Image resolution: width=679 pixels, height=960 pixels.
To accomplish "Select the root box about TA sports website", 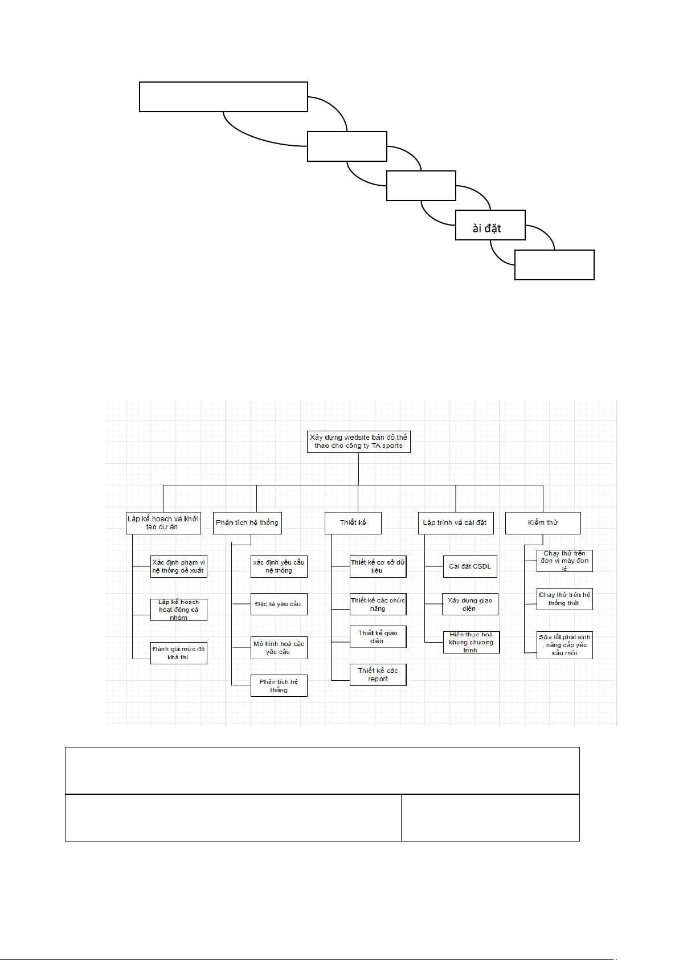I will pyautogui.click(x=358, y=442).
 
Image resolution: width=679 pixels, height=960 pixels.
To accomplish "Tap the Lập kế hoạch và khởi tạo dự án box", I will pyautogui.click(x=163, y=523).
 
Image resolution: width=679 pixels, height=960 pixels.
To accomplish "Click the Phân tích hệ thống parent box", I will pyautogui.click(x=247, y=523).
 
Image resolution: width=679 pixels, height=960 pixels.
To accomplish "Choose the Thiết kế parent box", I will pyautogui.click(x=353, y=523).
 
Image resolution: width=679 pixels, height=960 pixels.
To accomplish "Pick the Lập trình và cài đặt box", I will pyautogui.click(x=455, y=523).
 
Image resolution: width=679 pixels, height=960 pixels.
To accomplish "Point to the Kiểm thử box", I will pyautogui.click(x=543, y=523).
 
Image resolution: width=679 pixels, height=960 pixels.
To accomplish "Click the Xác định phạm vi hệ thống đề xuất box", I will pyautogui.click(x=178, y=566).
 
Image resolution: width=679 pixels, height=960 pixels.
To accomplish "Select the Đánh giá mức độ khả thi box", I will pyautogui.click(x=178, y=653).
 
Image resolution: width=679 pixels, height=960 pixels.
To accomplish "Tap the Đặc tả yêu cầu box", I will pyautogui.click(x=279, y=604).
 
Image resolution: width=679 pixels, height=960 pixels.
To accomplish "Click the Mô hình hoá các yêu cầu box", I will pyautogui.click(x=279, y=648).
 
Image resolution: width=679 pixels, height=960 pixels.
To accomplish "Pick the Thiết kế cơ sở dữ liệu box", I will pyautogui.click(x=378, y=566).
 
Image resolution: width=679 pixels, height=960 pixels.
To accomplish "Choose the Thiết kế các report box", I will pyautogui.click(x=378, y=675).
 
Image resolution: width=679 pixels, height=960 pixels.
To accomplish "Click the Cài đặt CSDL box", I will pyautogui.click(x=470, y=566).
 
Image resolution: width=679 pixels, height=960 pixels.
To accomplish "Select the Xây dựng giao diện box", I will pyautogui.click(x=470, y=604).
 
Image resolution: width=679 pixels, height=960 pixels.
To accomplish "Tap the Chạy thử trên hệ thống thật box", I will pyautogui.click(x=565, y=599).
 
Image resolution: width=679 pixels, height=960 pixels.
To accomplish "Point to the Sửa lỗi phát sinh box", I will pyautogui.click(x=565, y=645).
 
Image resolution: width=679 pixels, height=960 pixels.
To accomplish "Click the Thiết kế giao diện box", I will pyautogui.click(x=378, y=637).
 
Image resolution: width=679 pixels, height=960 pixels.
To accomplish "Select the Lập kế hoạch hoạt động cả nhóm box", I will pyautogui.click(x=178, y=610).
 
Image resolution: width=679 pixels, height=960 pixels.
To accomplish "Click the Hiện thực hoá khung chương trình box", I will pyautogui.click(x=471, y=642).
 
